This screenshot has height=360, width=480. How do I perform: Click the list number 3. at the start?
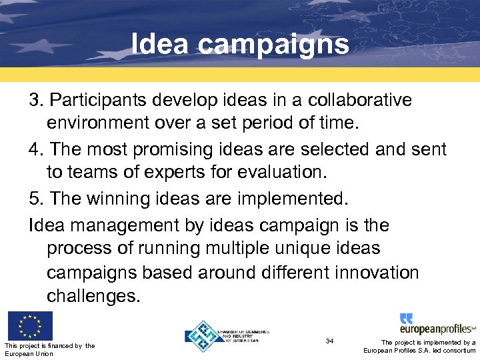point(36,100)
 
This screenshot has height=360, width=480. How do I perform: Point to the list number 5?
point(36,199)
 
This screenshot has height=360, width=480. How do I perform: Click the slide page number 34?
point(329,341)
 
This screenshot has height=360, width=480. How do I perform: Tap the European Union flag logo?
point(29,326)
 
